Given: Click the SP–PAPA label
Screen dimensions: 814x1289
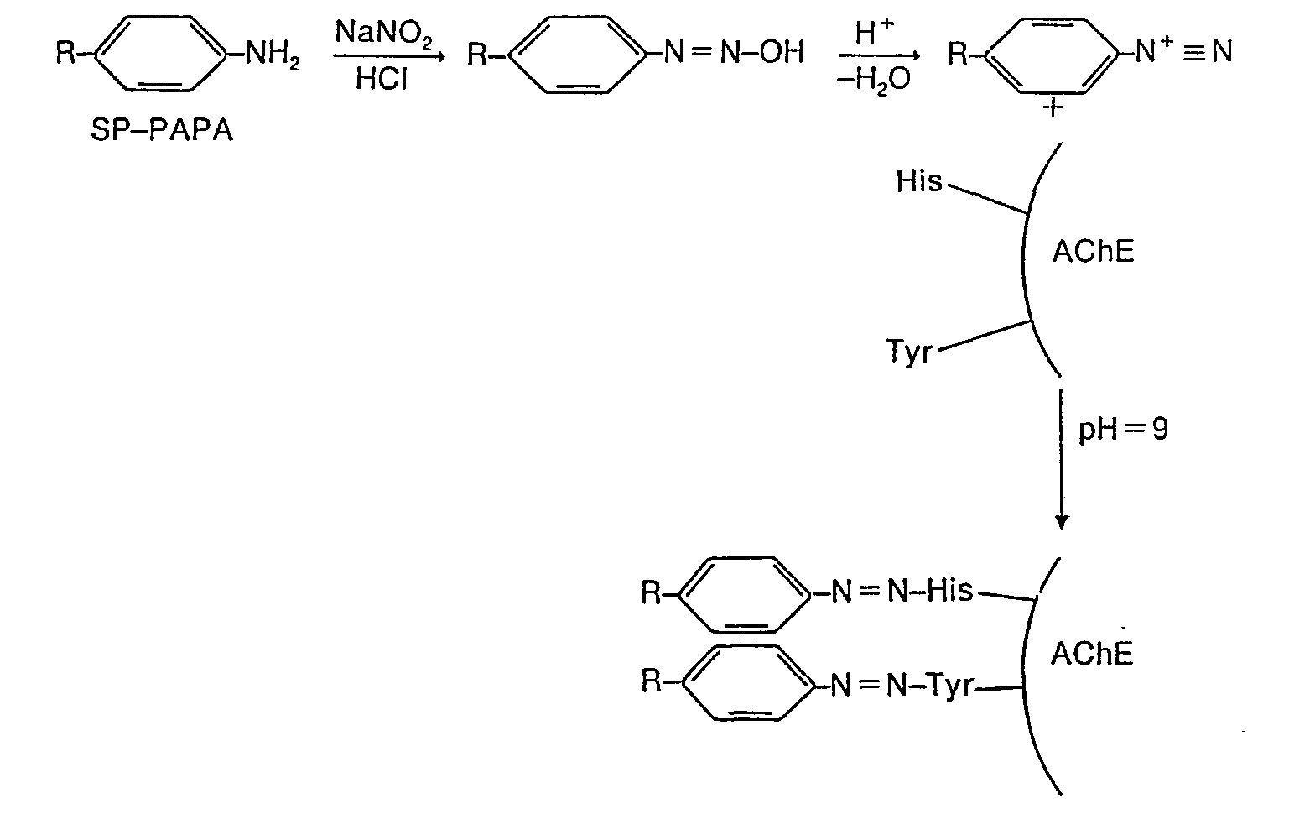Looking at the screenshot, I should click(x=162, y=131).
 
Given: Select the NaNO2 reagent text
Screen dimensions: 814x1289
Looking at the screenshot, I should click(x=382, y=35).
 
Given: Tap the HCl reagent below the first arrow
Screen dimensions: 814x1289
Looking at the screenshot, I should click(x=382, y=79).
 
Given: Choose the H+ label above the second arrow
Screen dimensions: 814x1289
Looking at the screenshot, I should click(x=875, y=34).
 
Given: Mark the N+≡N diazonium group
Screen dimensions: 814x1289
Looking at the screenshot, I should click(x=1183, y=52).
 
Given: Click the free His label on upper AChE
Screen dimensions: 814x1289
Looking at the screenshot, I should click(x=919, y=181).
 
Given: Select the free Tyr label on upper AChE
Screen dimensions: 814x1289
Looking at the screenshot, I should click(x=910, y=351).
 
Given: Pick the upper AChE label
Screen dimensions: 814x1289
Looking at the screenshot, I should click(x=1093, y=252).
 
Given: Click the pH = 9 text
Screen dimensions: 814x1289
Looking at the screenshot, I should click(x=1123, y=430).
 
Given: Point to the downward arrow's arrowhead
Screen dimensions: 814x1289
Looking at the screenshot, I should click(x=1062, y=521).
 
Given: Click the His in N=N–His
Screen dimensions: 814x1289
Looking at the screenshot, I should click(x=950, y=591).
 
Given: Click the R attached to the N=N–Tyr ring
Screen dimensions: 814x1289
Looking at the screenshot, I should click(x=652, y=681).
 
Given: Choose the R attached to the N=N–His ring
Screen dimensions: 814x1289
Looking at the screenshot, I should click(x=652, y=593).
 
